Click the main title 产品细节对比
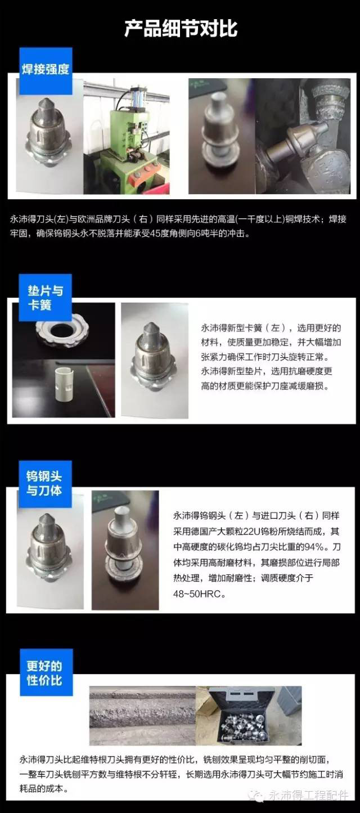coord(181,29)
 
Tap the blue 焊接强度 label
coord(46,71)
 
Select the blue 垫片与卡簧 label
coord(46,298)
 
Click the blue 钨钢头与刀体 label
coord(45,484)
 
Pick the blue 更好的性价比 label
coord(46,672)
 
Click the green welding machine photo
coord(127,137)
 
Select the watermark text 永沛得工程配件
coord(308,796)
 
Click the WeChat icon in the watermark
coord(258,796)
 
